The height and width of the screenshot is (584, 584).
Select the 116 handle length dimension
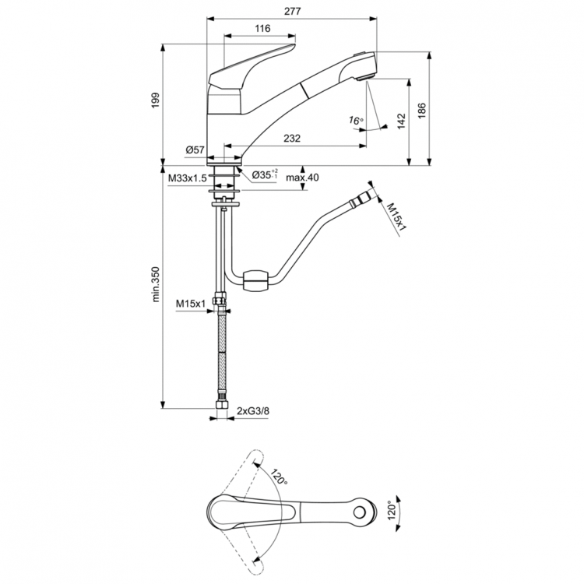point(262,29)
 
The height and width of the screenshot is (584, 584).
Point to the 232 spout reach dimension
point(292,138)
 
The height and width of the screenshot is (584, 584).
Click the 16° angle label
point(356,121)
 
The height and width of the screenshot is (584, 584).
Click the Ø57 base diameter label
point(195,150)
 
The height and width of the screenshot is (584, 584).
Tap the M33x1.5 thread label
point(187,178)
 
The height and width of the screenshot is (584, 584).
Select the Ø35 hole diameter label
point(266,177)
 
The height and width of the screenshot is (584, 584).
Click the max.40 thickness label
point(303,178)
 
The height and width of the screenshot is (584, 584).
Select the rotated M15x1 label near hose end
point(397,216)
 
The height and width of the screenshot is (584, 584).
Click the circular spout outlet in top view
point(360,511)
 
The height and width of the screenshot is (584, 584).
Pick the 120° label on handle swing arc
point(279,477)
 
